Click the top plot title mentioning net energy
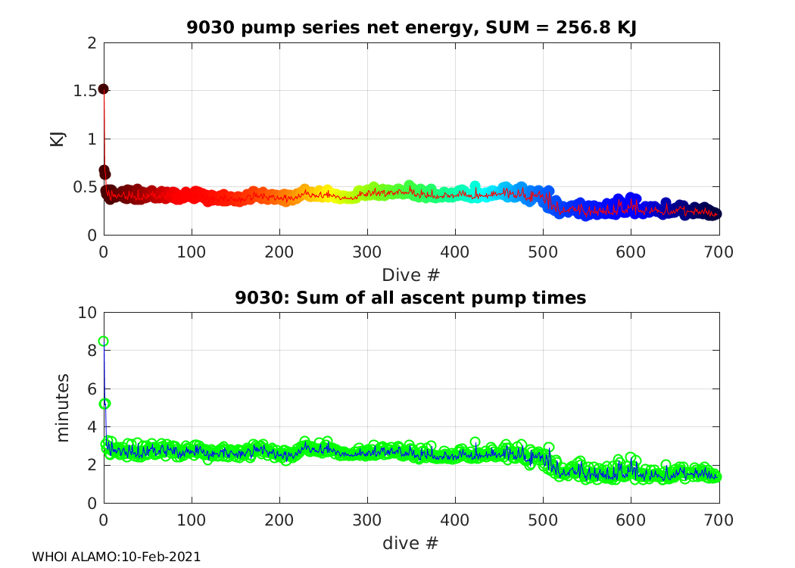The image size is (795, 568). [x=411, y=28]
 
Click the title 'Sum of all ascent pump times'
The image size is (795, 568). [x=411, y=298]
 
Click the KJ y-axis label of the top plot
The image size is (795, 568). [x=57, y=139]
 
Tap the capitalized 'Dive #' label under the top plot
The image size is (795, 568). [x=411, y=273]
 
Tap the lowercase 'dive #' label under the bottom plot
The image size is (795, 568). [x=411, y=542]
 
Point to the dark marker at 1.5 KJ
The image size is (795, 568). [x=104, y=89]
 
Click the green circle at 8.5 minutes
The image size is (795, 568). [x=104, y=342]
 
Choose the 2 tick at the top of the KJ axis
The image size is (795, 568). [x=91, y=43]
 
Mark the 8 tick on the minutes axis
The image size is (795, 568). [x=91, y=351]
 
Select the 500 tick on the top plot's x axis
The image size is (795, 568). [x=543, y=251]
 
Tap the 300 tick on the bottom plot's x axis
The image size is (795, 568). [x=367, y=520]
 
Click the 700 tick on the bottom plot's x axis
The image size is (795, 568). [x=719, y=520]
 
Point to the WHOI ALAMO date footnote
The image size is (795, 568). [x=116, y=557]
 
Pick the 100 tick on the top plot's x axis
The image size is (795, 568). [x=192, y=251]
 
